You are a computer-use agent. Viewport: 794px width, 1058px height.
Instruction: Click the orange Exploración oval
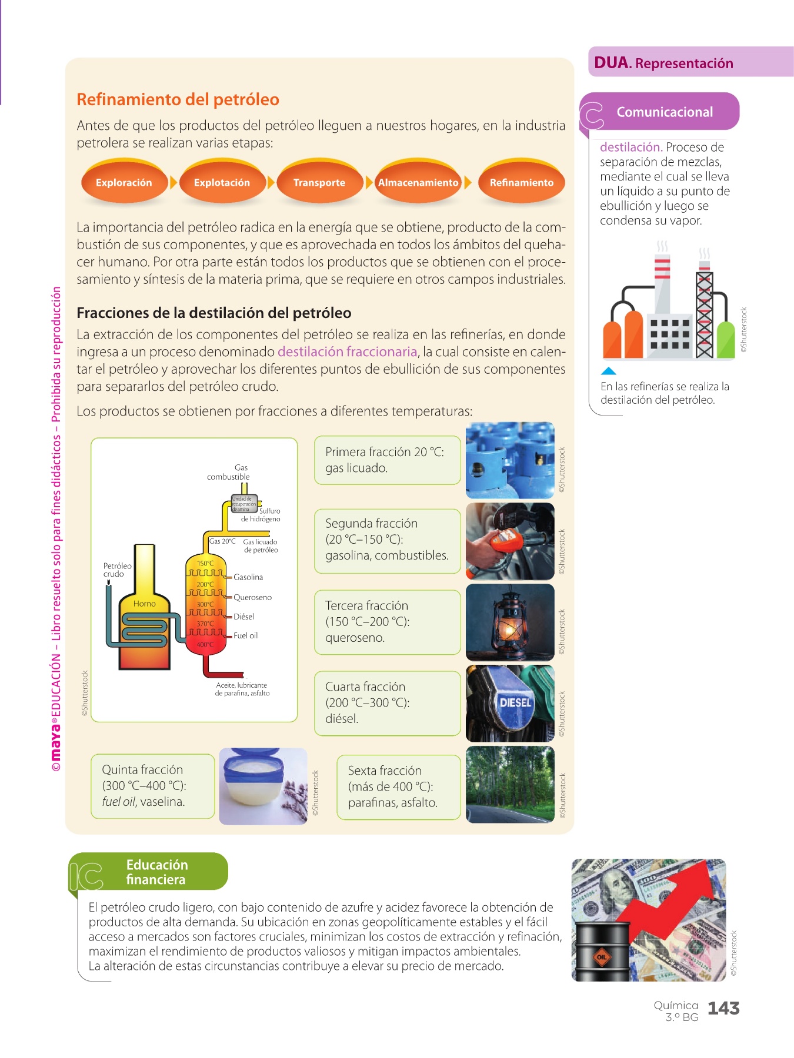click(x=124, y=183)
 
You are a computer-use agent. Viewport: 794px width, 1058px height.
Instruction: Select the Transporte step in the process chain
click(x=319, y=183)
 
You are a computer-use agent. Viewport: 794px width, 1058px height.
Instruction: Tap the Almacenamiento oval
click(x=418, y=183)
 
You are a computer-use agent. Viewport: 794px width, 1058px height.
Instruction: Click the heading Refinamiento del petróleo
click(x=178, y=99)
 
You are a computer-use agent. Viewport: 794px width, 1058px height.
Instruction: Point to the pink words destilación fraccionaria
click(x=347, y=352)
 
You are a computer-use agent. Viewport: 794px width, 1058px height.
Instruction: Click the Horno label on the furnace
click(x=144, y=604)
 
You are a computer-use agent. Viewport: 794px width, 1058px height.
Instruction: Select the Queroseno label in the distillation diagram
click(x=252, y=597)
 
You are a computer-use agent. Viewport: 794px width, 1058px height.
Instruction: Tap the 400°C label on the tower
click(x=205, y=645)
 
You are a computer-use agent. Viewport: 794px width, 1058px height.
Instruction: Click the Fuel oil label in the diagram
click(x=245, y=635)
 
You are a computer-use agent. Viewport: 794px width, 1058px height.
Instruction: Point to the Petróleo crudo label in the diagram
click(x=117, y=570)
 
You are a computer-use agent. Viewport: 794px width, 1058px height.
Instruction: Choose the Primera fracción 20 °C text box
click(x=387, y=460)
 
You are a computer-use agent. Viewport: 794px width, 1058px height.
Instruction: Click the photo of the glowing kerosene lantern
click(x=510, y=622)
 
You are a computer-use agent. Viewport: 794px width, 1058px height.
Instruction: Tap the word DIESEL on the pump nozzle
click(x=515, y=702)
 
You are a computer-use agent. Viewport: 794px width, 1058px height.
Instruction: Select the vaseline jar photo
click(x=263, y=786)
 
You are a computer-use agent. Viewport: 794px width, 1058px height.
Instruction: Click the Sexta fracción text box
click(x=398, y=786)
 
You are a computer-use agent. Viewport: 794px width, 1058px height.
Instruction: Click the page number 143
click(x=723, y=1009)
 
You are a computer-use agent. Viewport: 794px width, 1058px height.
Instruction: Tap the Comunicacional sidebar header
click(x=665, y=112)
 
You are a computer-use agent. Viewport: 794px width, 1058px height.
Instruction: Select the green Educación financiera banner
click(x=156, y=872)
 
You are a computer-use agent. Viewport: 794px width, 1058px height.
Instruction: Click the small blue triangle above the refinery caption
click(x=609, y=371)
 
